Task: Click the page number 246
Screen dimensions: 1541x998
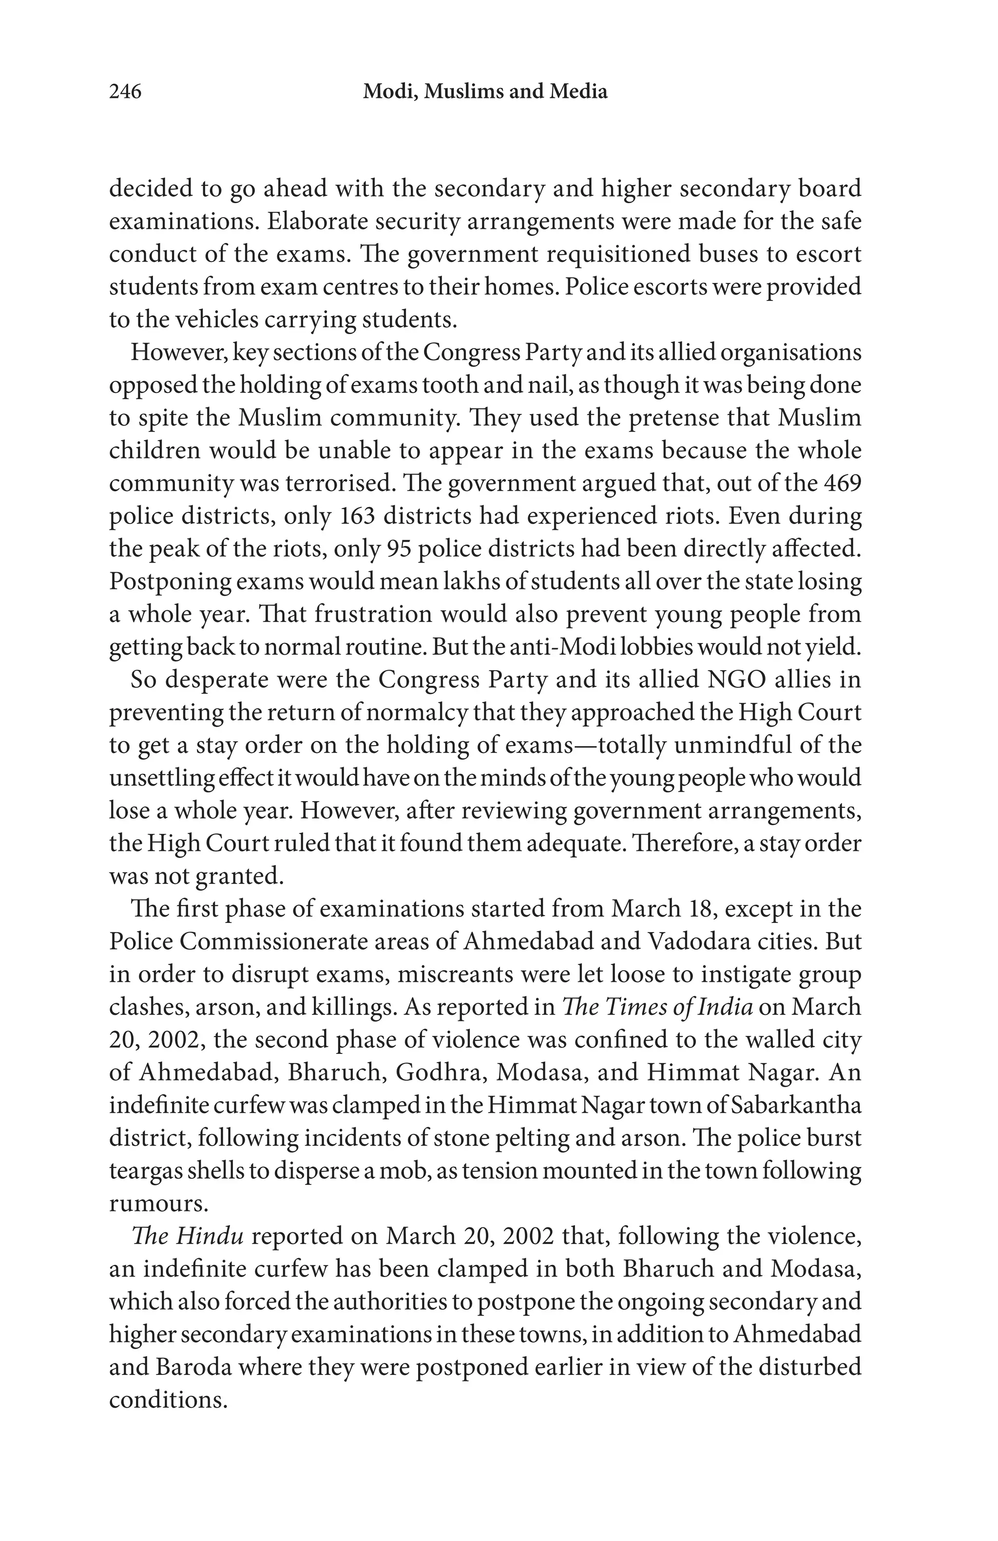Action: click(125, 92)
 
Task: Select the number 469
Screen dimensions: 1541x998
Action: click(840, 484)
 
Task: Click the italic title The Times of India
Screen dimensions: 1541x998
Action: click(656, 1007)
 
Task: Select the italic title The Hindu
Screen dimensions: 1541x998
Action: click(187, 1236)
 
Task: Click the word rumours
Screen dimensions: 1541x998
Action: click(157, 1203)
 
